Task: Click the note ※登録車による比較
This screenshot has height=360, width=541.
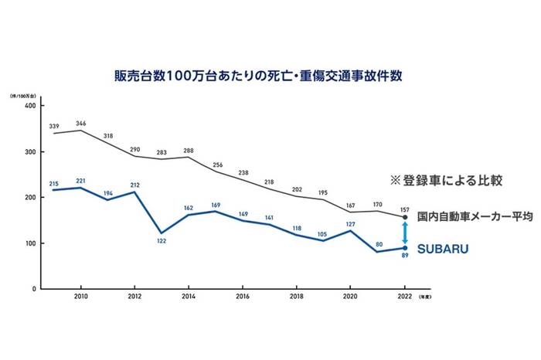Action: click(x=446, y=181)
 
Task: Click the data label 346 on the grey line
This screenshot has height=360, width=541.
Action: click(x=81, y=123)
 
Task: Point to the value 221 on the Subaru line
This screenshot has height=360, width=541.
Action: click(x=81, y=180)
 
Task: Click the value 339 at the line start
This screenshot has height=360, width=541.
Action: click(x=53, y=126)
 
